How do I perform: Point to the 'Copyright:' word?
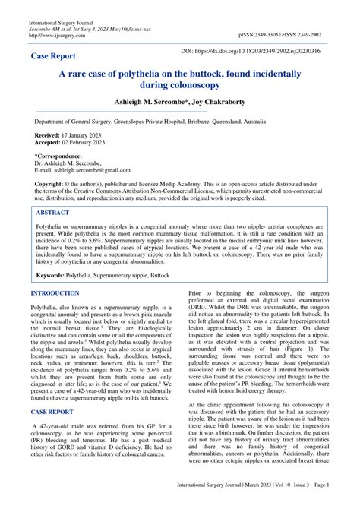(x=49, y=185)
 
